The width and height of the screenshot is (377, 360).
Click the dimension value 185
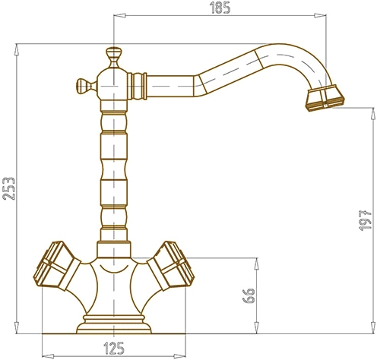point(220,8)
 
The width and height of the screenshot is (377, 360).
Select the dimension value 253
point(9,188)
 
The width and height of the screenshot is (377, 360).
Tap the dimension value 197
point(366,220)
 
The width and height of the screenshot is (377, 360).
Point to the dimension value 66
point(249,295)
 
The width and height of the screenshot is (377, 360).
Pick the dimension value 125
point(114,349)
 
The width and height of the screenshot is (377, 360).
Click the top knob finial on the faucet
point(114,57)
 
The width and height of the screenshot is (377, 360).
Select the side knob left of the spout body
point(86,86)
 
